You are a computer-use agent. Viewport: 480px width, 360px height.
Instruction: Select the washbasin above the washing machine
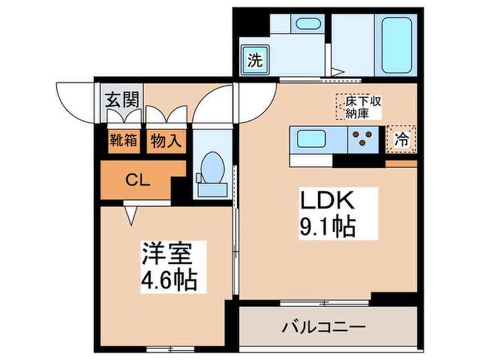(307, 24)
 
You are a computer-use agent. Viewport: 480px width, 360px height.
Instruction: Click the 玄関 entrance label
(122, 100)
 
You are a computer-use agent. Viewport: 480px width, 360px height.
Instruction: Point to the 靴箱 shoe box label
(123, 140)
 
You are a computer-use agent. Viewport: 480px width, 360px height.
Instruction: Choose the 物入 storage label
(166, 140)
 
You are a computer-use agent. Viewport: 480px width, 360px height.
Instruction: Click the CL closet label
(137, 181)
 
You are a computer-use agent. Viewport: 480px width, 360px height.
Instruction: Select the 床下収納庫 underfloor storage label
(359, 107)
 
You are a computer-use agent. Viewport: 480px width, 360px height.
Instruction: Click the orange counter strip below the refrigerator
(401, 164)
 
